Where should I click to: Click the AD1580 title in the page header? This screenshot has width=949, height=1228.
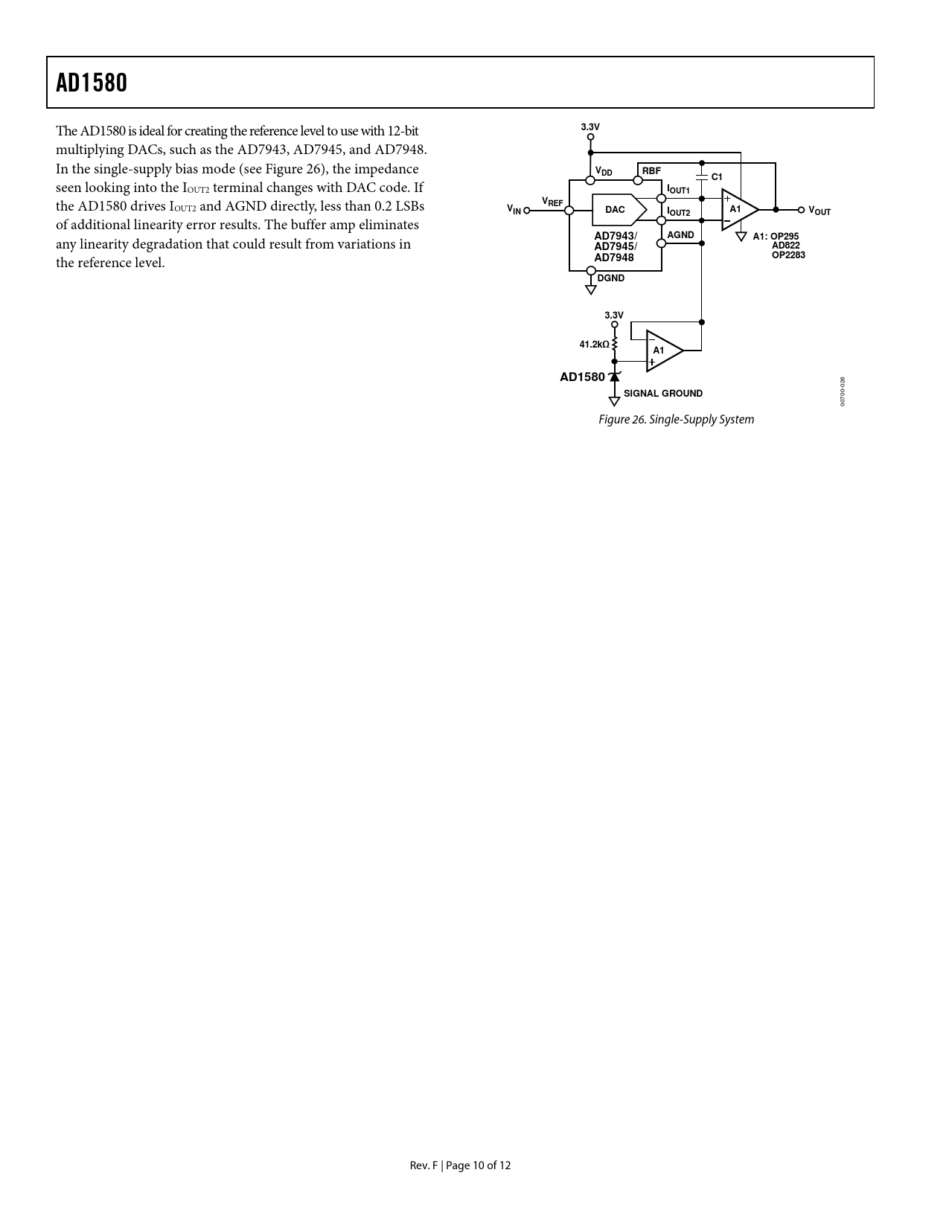(92, 83)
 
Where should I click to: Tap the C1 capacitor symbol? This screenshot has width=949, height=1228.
(701, 177)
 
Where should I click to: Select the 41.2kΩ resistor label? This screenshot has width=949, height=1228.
(594, 345)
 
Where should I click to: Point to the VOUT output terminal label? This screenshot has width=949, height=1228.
(819, 211)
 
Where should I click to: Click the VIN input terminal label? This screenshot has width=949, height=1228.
(514, 210)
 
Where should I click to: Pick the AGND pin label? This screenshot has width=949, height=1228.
(680, 235)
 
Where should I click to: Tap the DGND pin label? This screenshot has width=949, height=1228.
(611, 278)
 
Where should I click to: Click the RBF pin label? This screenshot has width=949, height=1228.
(651, 171)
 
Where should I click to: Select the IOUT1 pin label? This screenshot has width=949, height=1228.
(678, 191)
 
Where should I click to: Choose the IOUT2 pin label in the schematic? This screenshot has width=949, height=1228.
(678, 213)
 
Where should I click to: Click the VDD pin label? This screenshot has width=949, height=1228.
(604, 172)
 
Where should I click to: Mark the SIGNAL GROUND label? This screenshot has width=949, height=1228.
(662, 394)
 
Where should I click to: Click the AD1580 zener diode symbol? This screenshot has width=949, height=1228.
(614, 377)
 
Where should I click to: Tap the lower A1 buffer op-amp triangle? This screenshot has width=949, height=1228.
(662, 351)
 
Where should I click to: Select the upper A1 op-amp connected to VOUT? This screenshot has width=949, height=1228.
(738, 209)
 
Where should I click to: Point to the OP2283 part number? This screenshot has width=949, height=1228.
(788, 255)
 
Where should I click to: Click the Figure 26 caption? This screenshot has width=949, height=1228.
(676, 420)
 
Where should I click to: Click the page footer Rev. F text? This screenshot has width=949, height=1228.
(425, 1165)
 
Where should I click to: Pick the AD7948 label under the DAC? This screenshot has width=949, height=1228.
(614, 258)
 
